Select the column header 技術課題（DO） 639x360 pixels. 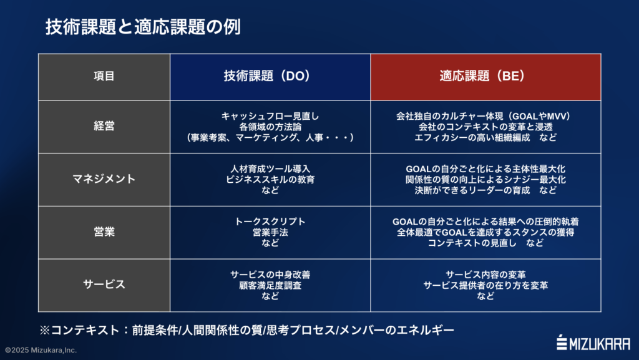(270, 76)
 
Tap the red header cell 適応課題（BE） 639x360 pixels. (485, 76)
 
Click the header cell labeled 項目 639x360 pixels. (104, 77)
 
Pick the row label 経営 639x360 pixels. (104, 127)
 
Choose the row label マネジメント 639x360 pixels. (104, 179)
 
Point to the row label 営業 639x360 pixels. (104, 232)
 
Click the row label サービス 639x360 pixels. (104, 285)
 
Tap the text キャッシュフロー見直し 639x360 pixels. (270, 116)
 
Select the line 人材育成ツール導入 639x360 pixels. (270, 168)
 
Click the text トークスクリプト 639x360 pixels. (270, 221)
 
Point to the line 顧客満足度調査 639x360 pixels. (270, 285)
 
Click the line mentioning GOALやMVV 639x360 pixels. (485, 116)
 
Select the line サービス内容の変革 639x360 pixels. (485, 275)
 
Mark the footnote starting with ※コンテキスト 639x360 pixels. (247, 329)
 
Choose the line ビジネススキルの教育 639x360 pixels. (270, 179)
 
